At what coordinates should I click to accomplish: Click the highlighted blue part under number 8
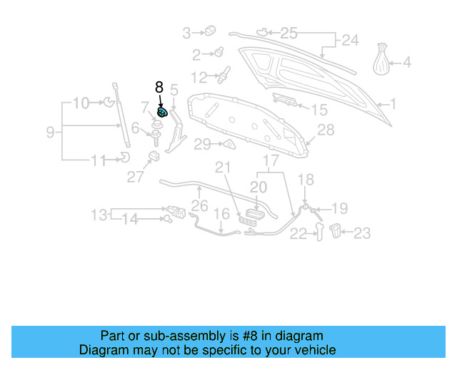coord(162,112)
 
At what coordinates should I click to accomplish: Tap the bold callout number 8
coord(159,87)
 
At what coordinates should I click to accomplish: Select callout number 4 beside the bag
coord(407,63)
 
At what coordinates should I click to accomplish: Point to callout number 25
coord(288,32)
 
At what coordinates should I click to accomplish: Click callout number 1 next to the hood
coord(392,104)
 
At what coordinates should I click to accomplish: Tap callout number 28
coord(326,130)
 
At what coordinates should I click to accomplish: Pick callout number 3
coord(187,32)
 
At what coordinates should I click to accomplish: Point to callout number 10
coord(81,103)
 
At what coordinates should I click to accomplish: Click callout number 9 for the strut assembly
coord(50,132)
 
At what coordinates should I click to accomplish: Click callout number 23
coord(363,232)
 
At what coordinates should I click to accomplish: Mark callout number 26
coord(200,207)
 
